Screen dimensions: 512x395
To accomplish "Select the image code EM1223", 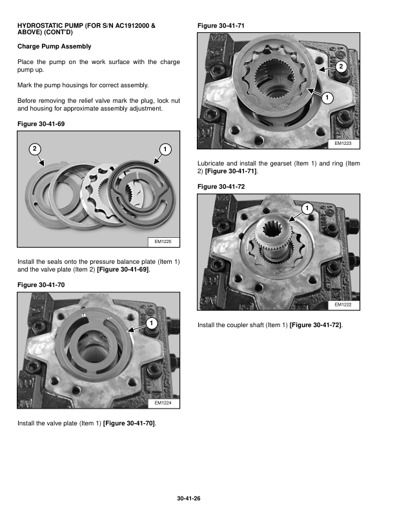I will (x=343, y=144).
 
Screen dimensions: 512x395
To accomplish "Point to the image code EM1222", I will (x=343, y=304).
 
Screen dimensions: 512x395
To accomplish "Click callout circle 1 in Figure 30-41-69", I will (x=165, y=150).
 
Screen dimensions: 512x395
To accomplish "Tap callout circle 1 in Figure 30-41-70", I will (x=150, y=323).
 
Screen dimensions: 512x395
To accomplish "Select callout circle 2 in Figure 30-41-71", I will (x=341, y=67).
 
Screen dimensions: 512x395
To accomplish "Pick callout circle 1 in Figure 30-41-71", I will (x=327, y=98).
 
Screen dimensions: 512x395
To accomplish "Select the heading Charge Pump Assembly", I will (x=54, y=47).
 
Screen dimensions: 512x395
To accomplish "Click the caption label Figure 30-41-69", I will (x=41, y=123).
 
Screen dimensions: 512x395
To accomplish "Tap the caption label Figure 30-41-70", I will (x=41, y=284).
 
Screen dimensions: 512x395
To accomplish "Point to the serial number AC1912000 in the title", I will (x=134, y=25).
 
